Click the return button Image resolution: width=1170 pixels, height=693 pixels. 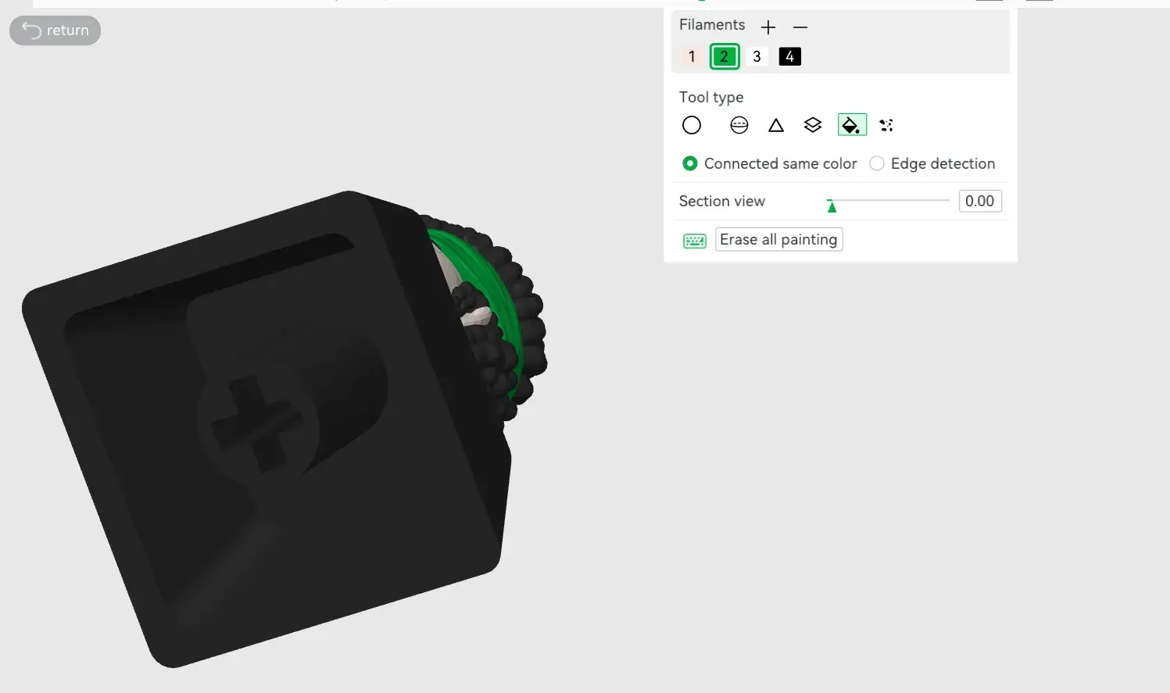point(55,30)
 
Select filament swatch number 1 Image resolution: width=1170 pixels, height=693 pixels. point(692,56)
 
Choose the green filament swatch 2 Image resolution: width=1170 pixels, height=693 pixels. point(724,56)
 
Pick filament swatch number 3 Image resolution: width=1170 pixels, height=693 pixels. point(757,56)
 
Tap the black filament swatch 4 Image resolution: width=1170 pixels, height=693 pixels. point(789,56)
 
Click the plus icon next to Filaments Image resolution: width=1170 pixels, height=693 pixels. point(767,27)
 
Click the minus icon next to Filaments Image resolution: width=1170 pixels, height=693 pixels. point(800,27)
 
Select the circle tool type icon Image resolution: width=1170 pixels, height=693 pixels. point(692,125)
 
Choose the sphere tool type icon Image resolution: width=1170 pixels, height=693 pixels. point(739,125)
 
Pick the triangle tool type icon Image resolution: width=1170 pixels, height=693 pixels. point(775,125)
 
